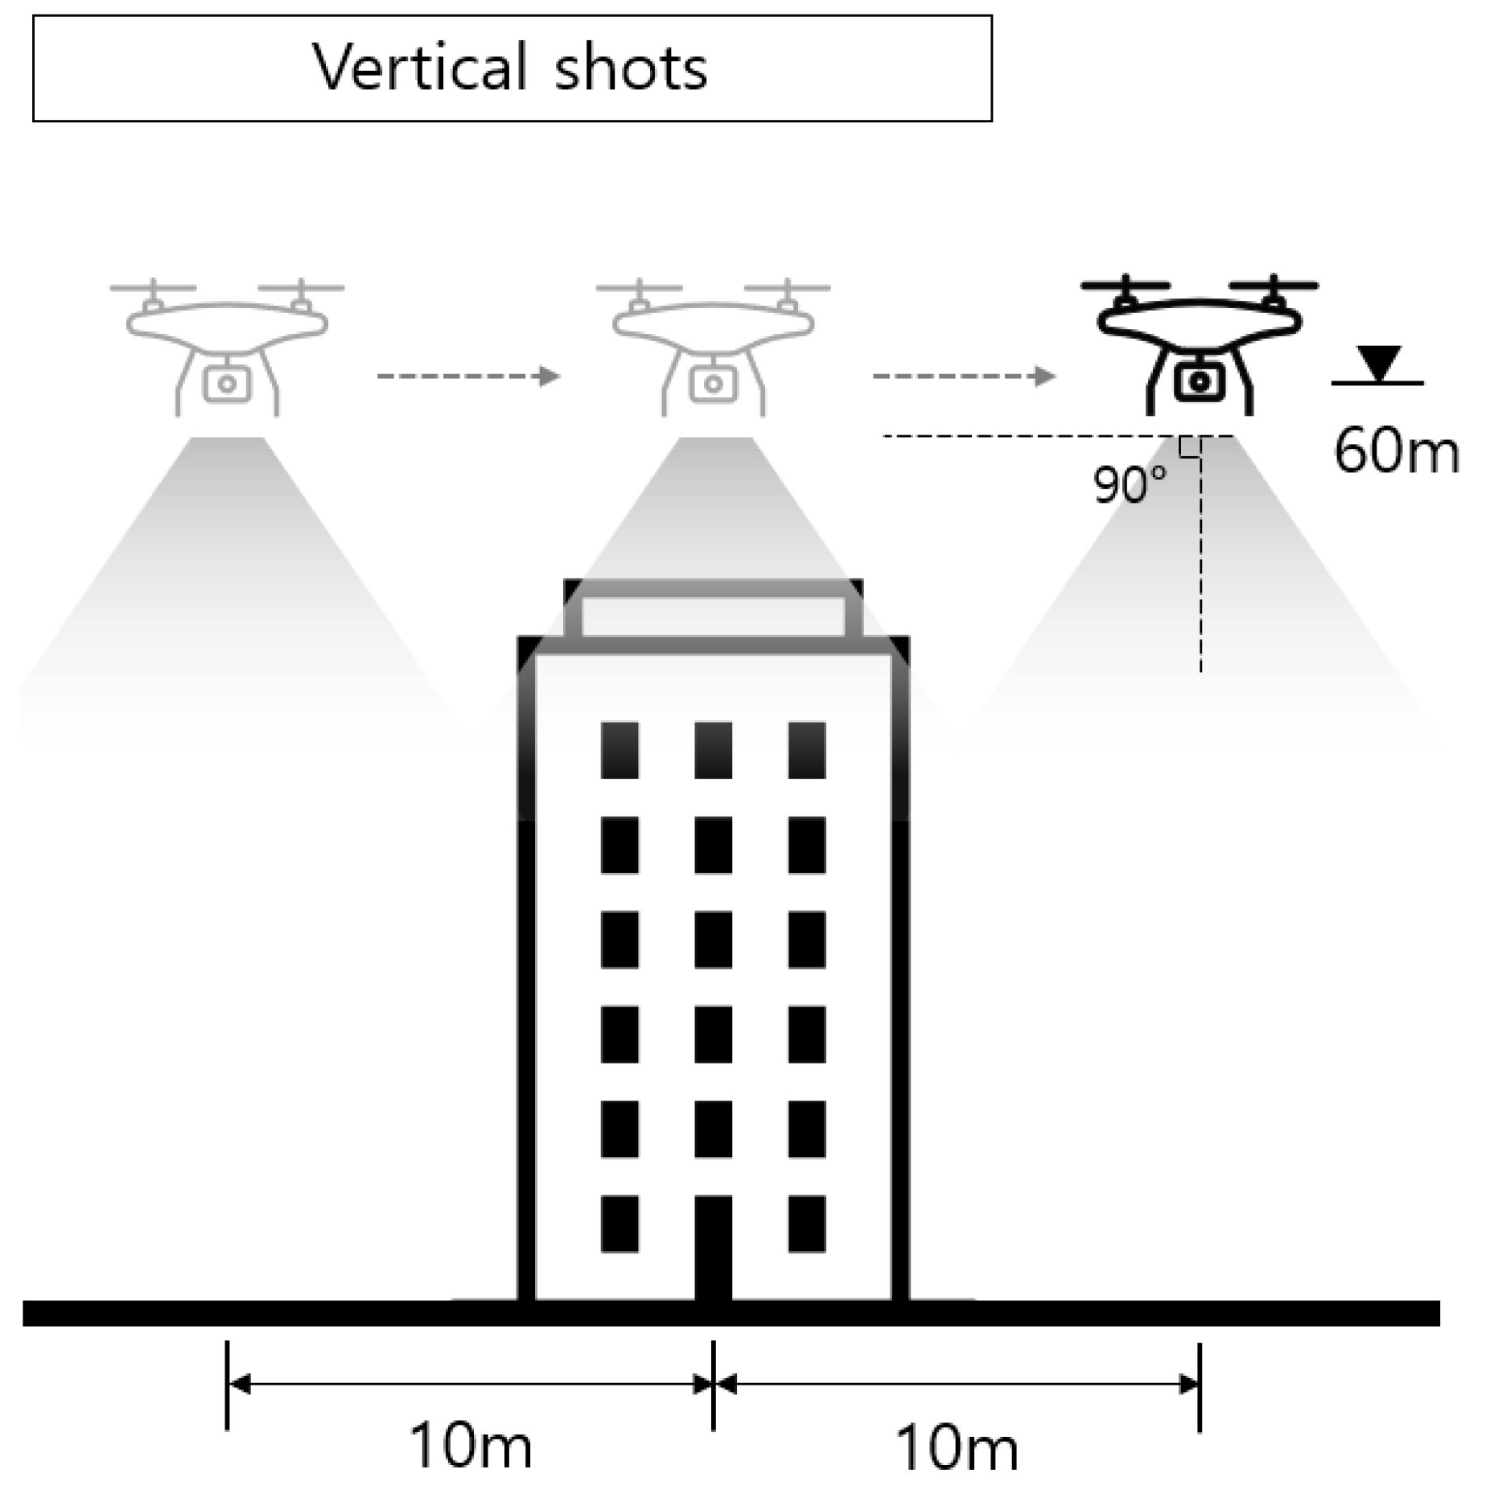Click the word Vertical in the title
[419, 67]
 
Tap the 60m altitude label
[1395, 451]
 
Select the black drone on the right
[1199, 346]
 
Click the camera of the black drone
[1200, 382]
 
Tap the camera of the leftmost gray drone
[228, 384]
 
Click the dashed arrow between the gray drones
[468, 376]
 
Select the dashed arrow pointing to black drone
[964, 376]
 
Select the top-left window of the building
[620, 750]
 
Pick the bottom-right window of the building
[807, 1224]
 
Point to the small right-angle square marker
[1190, 447]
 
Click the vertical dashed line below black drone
[1200, 563]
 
